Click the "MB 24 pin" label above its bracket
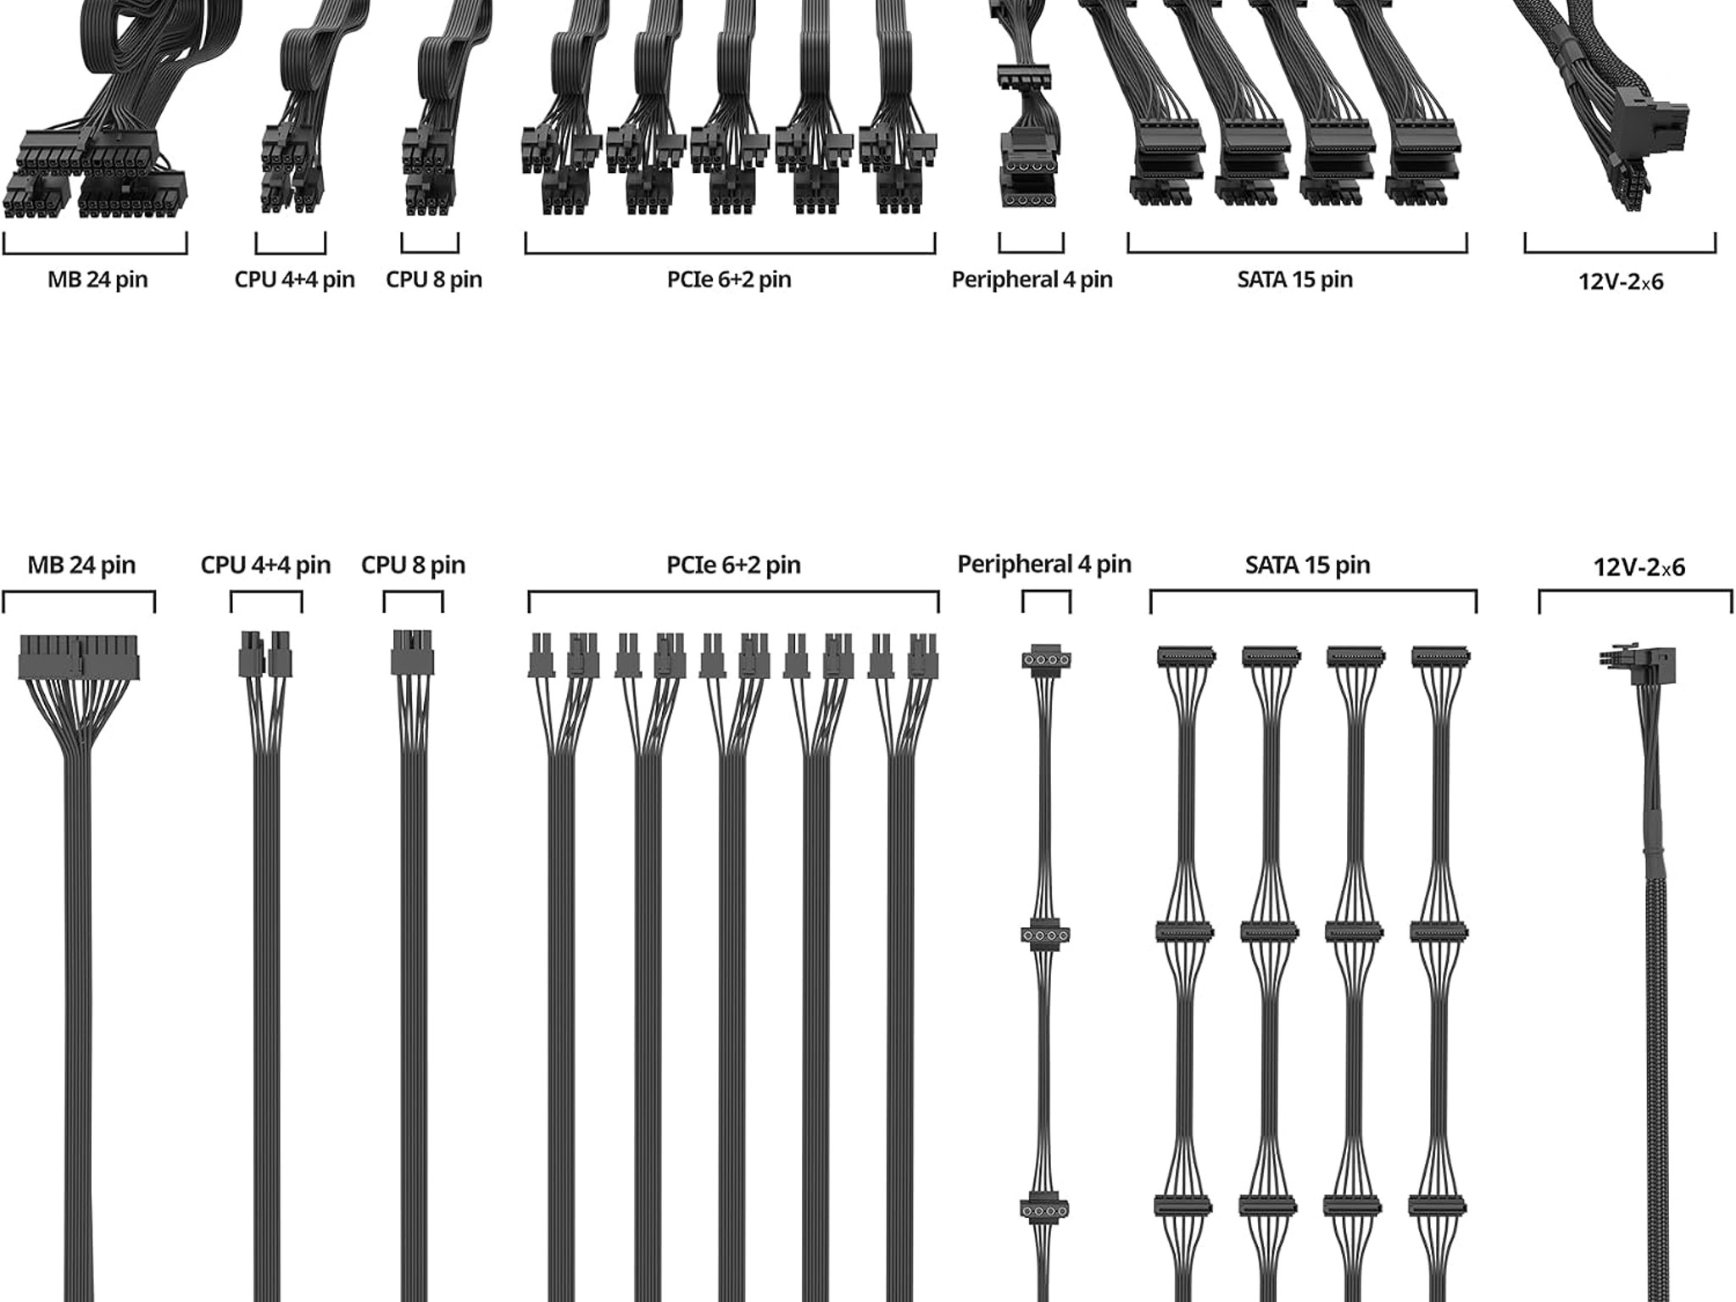point(81,565)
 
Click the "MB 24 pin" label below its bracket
point(97,279)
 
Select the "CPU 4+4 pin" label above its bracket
point(265,565)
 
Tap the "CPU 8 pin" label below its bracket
point(434,279)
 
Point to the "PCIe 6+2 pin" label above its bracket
point(733,565)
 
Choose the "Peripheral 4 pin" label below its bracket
point(1032,279)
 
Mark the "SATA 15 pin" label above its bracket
point(1307,565)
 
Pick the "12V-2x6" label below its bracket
point(1621,281)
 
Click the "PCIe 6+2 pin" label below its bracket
point(729,279)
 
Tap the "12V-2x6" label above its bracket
point(1639,567)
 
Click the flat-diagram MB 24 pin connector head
point(79,658)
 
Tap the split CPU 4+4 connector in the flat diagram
point(265,654)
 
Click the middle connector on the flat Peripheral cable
point(1046,935)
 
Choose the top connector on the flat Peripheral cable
point(1046,659)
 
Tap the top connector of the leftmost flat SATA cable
point(1186,656)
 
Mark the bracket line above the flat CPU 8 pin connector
point(413,593)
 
